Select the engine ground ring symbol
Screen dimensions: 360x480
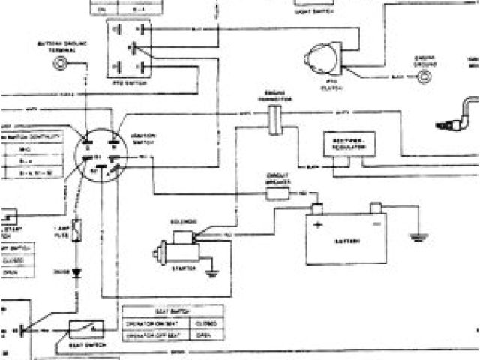(x=418, y=73)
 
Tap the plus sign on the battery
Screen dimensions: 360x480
(x=317, y=223)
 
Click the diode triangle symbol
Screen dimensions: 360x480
(x=76, y=272)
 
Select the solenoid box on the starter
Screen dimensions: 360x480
(x=184, y=235)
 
